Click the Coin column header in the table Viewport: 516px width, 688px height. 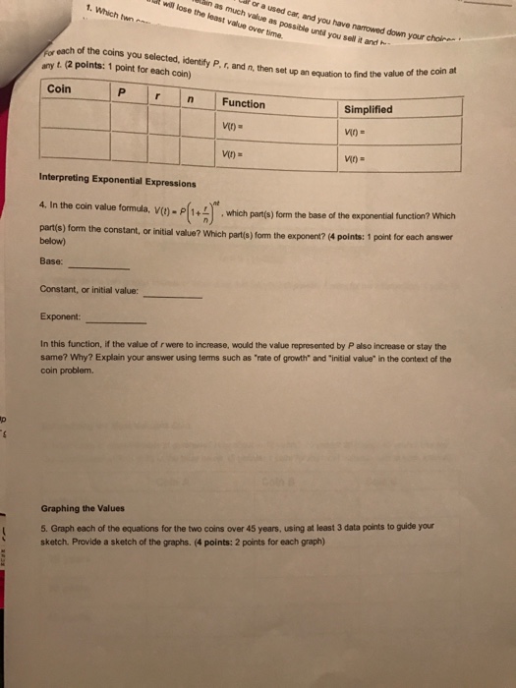coord(59,87)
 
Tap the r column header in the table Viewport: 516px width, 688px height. coord(157,96)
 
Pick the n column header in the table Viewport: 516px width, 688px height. coord(195,99)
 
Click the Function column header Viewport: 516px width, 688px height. coord(243,103)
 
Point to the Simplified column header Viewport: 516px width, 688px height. coord(369,109)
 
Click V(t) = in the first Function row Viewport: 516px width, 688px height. coord(235,126)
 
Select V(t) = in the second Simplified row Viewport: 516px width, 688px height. coord(357,158)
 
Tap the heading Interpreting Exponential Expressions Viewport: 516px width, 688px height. coord(117,183)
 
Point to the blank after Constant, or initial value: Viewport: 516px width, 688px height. coord(172,296)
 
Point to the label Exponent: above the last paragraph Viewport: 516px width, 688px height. coord(60,317)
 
